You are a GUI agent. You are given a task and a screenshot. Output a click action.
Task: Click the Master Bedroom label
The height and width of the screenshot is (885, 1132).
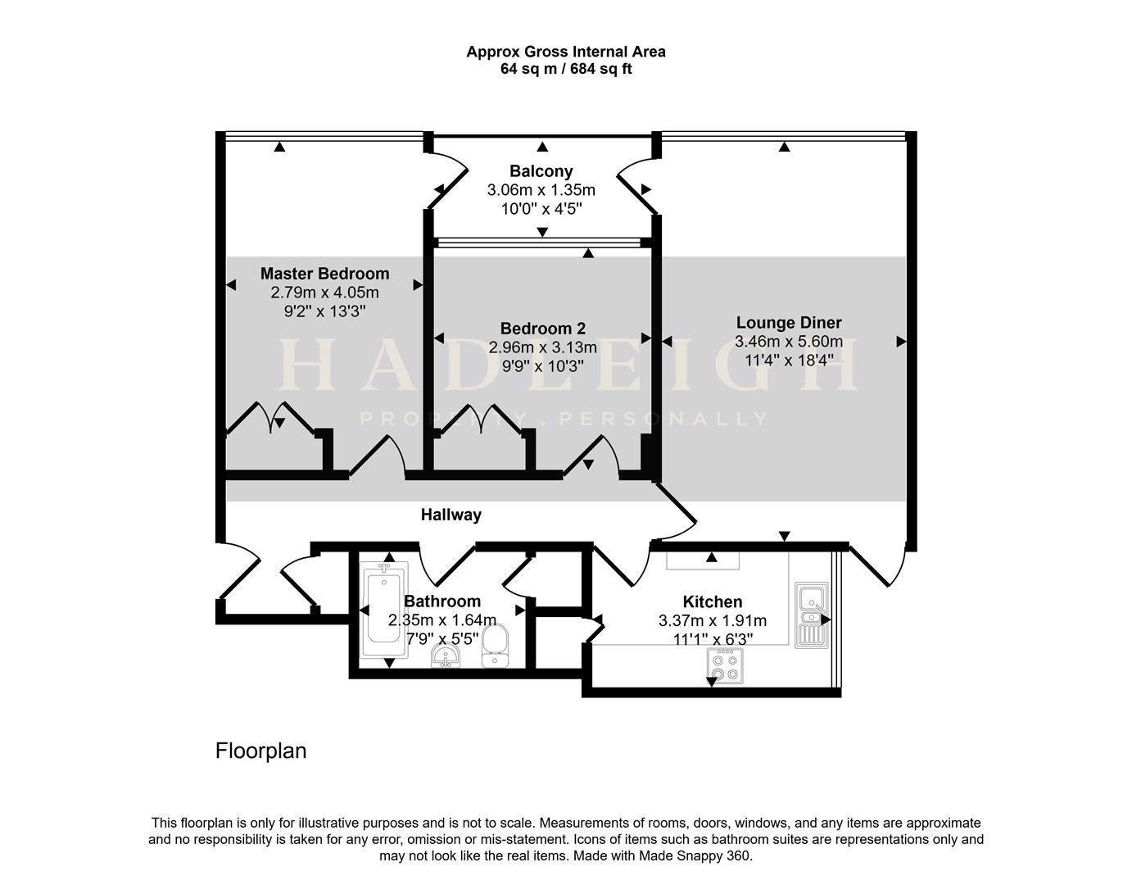click(x=324, y=274)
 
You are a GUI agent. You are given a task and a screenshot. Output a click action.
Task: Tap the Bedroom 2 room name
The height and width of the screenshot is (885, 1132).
click(x=543, y=329)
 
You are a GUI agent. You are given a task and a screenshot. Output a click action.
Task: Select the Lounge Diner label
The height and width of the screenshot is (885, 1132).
click(x=789, y=323)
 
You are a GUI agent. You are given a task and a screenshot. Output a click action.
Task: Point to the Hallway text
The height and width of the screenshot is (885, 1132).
click(x=451, y=515)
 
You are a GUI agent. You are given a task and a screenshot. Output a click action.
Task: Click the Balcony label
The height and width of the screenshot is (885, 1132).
click(x=541, y=170)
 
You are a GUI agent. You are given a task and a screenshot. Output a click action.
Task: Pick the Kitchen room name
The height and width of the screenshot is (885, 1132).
click(x=712, y=602)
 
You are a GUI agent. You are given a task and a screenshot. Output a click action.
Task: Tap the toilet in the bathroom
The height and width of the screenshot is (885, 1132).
click(x=495, y=646)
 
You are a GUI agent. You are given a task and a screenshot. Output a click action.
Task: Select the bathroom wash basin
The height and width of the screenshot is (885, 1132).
click(x=446, y=656)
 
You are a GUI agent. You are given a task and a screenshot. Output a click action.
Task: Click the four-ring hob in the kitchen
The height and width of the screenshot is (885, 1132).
click(x=725, y=666)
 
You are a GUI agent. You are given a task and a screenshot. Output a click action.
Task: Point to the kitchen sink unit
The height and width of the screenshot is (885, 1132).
click(x=811, y=615)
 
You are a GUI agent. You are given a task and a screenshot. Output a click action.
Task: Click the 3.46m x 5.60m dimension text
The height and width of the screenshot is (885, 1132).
click(x=789, y=342)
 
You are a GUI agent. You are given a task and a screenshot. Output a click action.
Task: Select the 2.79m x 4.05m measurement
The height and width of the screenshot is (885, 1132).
click(x=324, y=293)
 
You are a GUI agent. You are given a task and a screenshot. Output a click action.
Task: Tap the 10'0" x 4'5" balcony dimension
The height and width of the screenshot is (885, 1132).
click(x=541, y=209)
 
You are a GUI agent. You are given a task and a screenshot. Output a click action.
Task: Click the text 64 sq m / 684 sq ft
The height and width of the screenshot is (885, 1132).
click(x=566, y=69)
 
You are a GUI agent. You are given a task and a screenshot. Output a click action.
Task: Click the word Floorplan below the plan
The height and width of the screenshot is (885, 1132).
click(x=261, y=751)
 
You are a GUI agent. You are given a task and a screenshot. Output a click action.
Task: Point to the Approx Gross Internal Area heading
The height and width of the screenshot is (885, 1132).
click(x=566, y=52)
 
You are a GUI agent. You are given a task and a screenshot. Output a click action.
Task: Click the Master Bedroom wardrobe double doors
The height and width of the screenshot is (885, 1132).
click(x=270, y=417)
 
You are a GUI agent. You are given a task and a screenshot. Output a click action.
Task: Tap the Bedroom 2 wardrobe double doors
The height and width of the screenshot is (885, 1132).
click(x=480, y=417)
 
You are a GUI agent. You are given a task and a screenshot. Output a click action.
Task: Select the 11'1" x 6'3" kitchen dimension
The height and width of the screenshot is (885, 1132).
click(x=713, y=639)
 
